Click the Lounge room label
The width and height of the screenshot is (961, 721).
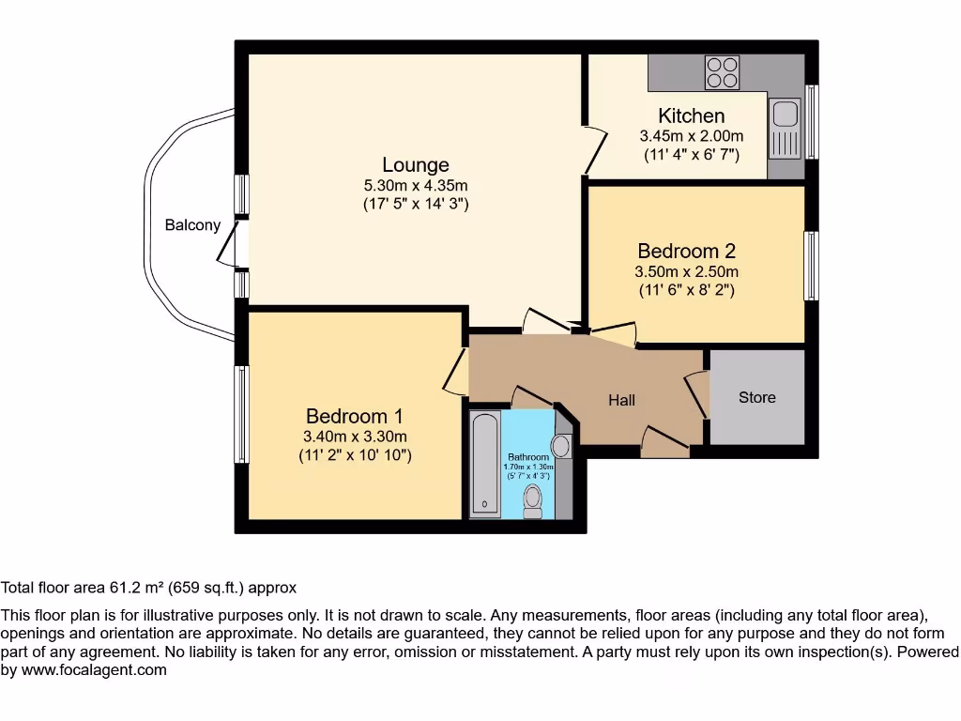pos(415,165)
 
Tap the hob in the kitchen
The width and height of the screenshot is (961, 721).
pos(722,72)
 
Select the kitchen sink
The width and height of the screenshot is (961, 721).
pos(783,115)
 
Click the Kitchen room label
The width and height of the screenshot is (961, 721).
pos(691,116)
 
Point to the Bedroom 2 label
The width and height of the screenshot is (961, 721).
pos(686,252)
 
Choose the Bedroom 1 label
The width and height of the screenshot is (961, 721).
pos(355,416)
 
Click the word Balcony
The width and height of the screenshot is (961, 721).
pos(192,225)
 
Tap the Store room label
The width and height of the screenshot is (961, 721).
pos(756,397)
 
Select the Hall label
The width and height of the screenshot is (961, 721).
pos(621,400)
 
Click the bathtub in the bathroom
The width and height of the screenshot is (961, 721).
pos(484,464)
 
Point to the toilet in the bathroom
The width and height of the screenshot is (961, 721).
pos(534,499)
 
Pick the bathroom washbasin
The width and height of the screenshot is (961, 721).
pos(563,445)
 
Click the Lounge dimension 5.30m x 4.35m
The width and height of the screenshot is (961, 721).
pos(415,185)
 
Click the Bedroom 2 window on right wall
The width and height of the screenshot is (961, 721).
pos(810,266)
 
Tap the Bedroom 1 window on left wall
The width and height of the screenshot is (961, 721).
pos(241,414)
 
